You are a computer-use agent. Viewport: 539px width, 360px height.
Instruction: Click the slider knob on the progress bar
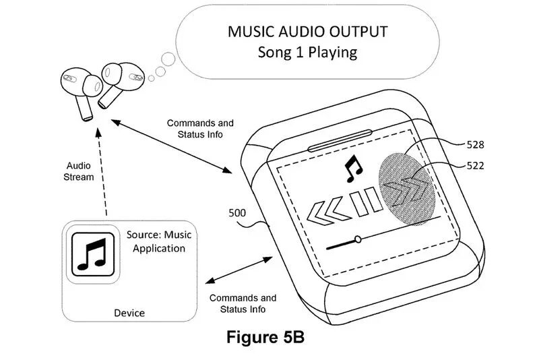[x=358, y=239]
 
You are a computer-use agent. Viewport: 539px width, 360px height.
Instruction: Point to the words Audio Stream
[x=79, y=172]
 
